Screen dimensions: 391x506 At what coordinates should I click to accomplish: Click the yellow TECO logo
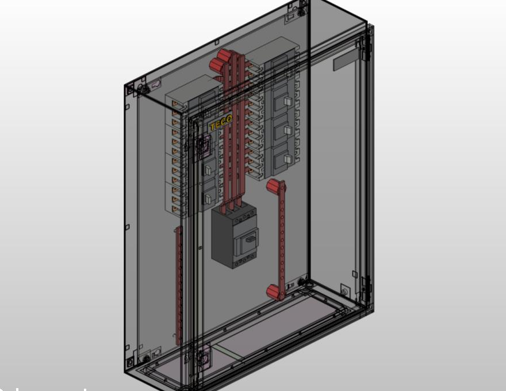click(221, 122)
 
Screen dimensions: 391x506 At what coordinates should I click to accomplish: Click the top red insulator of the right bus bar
click(275, 187)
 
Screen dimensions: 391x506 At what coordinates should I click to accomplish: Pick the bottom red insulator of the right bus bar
click(274, 292)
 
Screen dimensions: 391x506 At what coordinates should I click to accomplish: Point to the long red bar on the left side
click(178, 285)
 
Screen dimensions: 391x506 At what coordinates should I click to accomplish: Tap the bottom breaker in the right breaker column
click(281, 159)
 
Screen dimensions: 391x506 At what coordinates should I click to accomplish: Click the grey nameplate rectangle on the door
click(344, 60)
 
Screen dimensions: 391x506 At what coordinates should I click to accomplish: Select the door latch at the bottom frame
click(203, 356)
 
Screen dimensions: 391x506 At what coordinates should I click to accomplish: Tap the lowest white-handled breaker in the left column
click(208, 198)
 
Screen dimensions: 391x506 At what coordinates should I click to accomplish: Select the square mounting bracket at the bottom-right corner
click(345, 290)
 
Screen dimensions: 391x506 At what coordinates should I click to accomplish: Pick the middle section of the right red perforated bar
click(281, 239)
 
